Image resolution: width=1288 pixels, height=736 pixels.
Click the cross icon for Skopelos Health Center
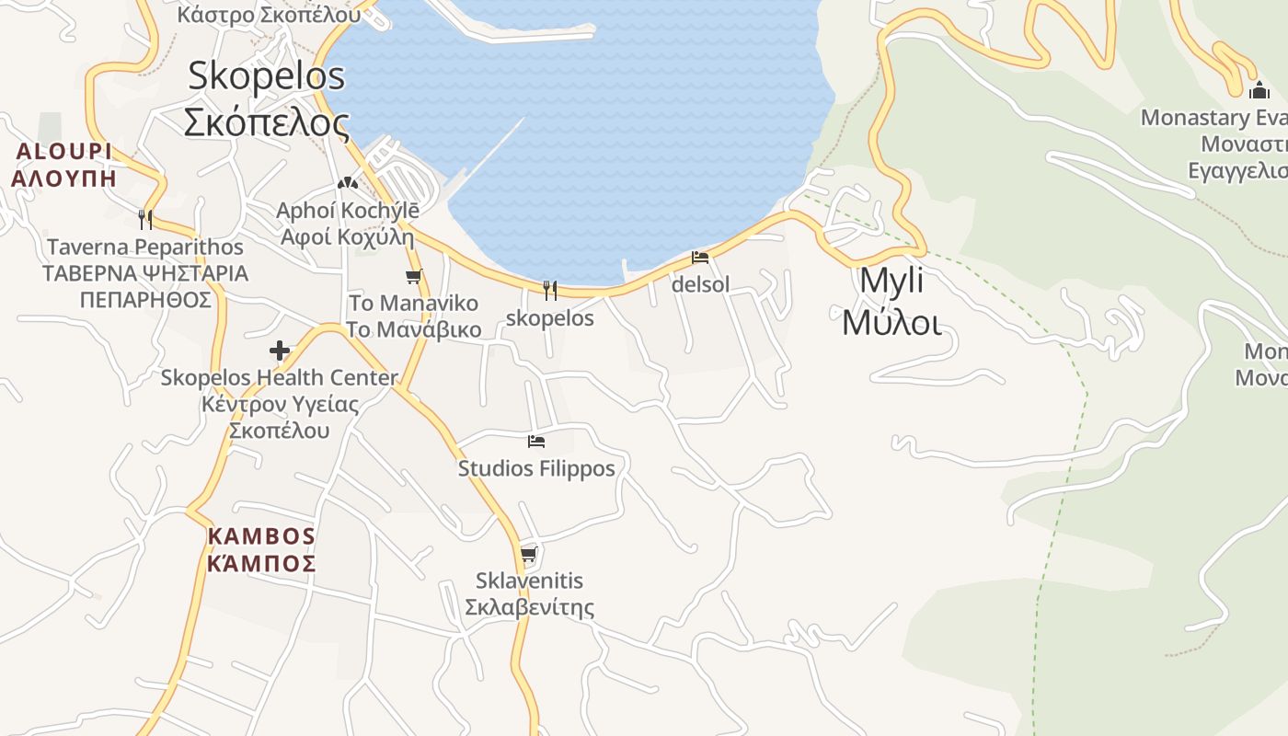tap(280, 351)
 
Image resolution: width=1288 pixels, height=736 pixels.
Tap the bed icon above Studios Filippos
tap(536, 442)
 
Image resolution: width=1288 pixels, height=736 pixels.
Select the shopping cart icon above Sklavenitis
tap(529, 554)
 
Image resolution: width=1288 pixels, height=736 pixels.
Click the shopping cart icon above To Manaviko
tap(414, 276)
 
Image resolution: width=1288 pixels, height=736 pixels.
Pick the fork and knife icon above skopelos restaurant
tap(550, 291)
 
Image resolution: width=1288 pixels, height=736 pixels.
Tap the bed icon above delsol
tap(700, 258)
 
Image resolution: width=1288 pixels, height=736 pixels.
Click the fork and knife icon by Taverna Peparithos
tap(144, 219)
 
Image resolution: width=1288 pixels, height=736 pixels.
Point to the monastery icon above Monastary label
tap(1259, 90)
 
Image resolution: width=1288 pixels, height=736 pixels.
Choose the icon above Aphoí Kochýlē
tap(347, 183)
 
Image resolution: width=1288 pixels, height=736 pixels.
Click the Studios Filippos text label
tap(536, 468)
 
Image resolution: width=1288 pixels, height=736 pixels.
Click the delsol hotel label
tap(700, 284)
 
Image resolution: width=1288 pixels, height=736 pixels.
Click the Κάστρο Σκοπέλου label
tap(269, 14)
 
